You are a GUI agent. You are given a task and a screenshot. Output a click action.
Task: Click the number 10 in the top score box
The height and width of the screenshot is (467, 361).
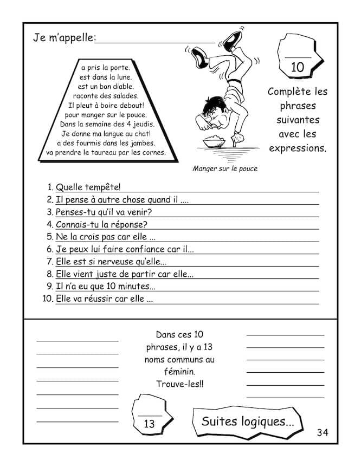click(x=297, y=67)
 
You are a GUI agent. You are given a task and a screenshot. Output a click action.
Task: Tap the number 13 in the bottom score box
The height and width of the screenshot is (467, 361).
click(x=149, y=424)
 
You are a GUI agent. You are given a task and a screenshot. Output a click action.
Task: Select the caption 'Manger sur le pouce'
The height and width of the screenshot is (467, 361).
click(x=225, y=168)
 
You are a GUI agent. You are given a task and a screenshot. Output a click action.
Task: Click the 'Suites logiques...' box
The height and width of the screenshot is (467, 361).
click(x=248, y=421)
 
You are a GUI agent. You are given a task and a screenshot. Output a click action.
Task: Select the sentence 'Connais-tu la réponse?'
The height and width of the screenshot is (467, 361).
click(x=102, y=224)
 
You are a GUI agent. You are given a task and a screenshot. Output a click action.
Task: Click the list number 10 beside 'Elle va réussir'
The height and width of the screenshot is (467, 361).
click(x=47, y=299)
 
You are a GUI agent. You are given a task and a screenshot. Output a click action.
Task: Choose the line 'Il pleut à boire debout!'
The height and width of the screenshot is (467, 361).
click(x=105, y=105)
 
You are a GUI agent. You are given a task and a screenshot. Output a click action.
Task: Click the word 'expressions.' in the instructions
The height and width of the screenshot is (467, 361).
click(x=297, y=147)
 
